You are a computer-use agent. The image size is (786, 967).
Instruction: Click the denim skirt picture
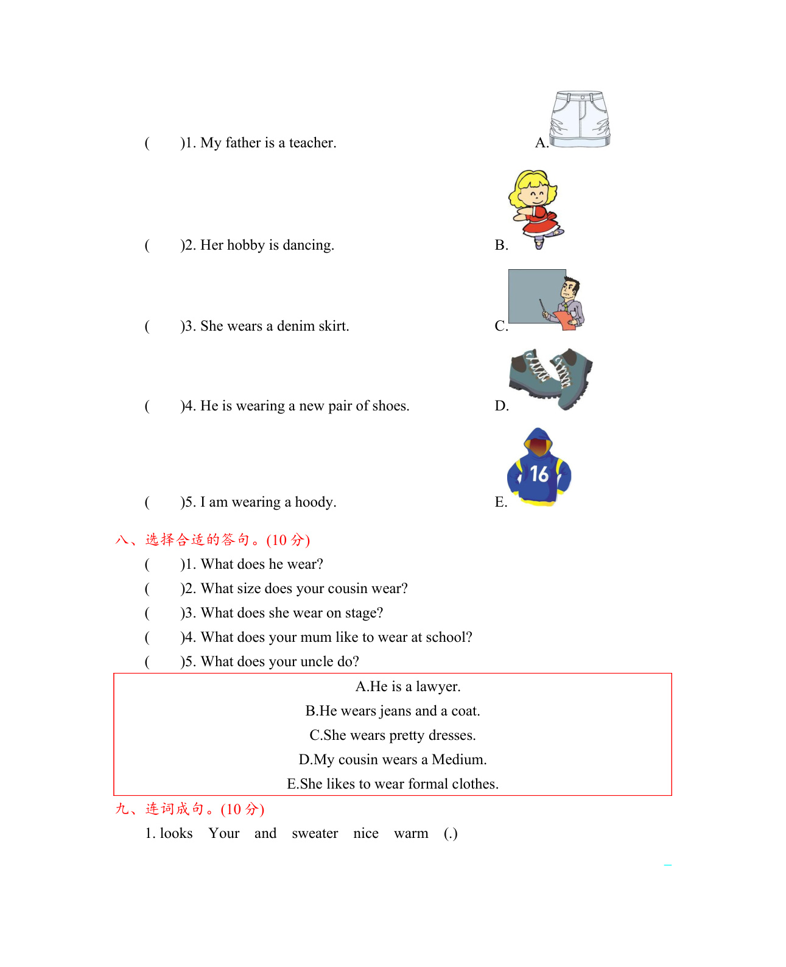580,119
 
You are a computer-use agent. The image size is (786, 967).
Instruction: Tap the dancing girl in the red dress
535,208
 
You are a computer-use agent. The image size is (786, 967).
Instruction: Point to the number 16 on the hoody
539,474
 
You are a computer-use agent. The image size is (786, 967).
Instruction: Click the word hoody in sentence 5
315,502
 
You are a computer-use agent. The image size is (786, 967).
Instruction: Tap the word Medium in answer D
458,759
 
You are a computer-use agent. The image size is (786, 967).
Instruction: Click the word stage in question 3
363,613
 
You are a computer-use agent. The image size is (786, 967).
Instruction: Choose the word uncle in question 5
313,661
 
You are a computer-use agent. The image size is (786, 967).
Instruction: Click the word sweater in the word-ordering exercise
315,833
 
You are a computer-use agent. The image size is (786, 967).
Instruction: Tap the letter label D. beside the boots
502,406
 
